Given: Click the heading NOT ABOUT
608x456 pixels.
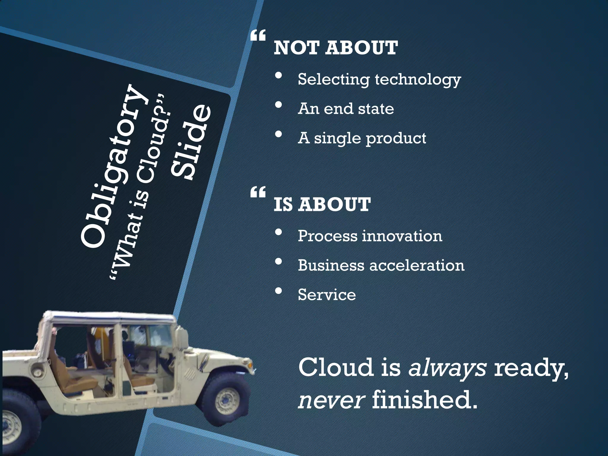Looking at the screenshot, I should (335, 48).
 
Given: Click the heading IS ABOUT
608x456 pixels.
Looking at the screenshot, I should (322, 205).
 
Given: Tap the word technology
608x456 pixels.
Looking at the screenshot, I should (418, 80).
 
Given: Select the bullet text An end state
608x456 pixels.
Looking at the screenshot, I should (346, 109).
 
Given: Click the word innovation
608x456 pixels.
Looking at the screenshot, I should (402, 236).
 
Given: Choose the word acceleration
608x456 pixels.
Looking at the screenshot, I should (417, 265).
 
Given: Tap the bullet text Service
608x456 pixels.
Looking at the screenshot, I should (327, 295).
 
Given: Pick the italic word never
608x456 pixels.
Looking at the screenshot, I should (331, 399).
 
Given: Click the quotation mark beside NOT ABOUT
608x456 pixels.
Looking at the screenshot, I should (258, 36).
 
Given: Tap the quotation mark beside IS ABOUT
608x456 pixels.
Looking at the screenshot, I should (258, 193).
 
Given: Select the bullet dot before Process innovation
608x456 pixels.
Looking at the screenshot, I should (278, 232).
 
